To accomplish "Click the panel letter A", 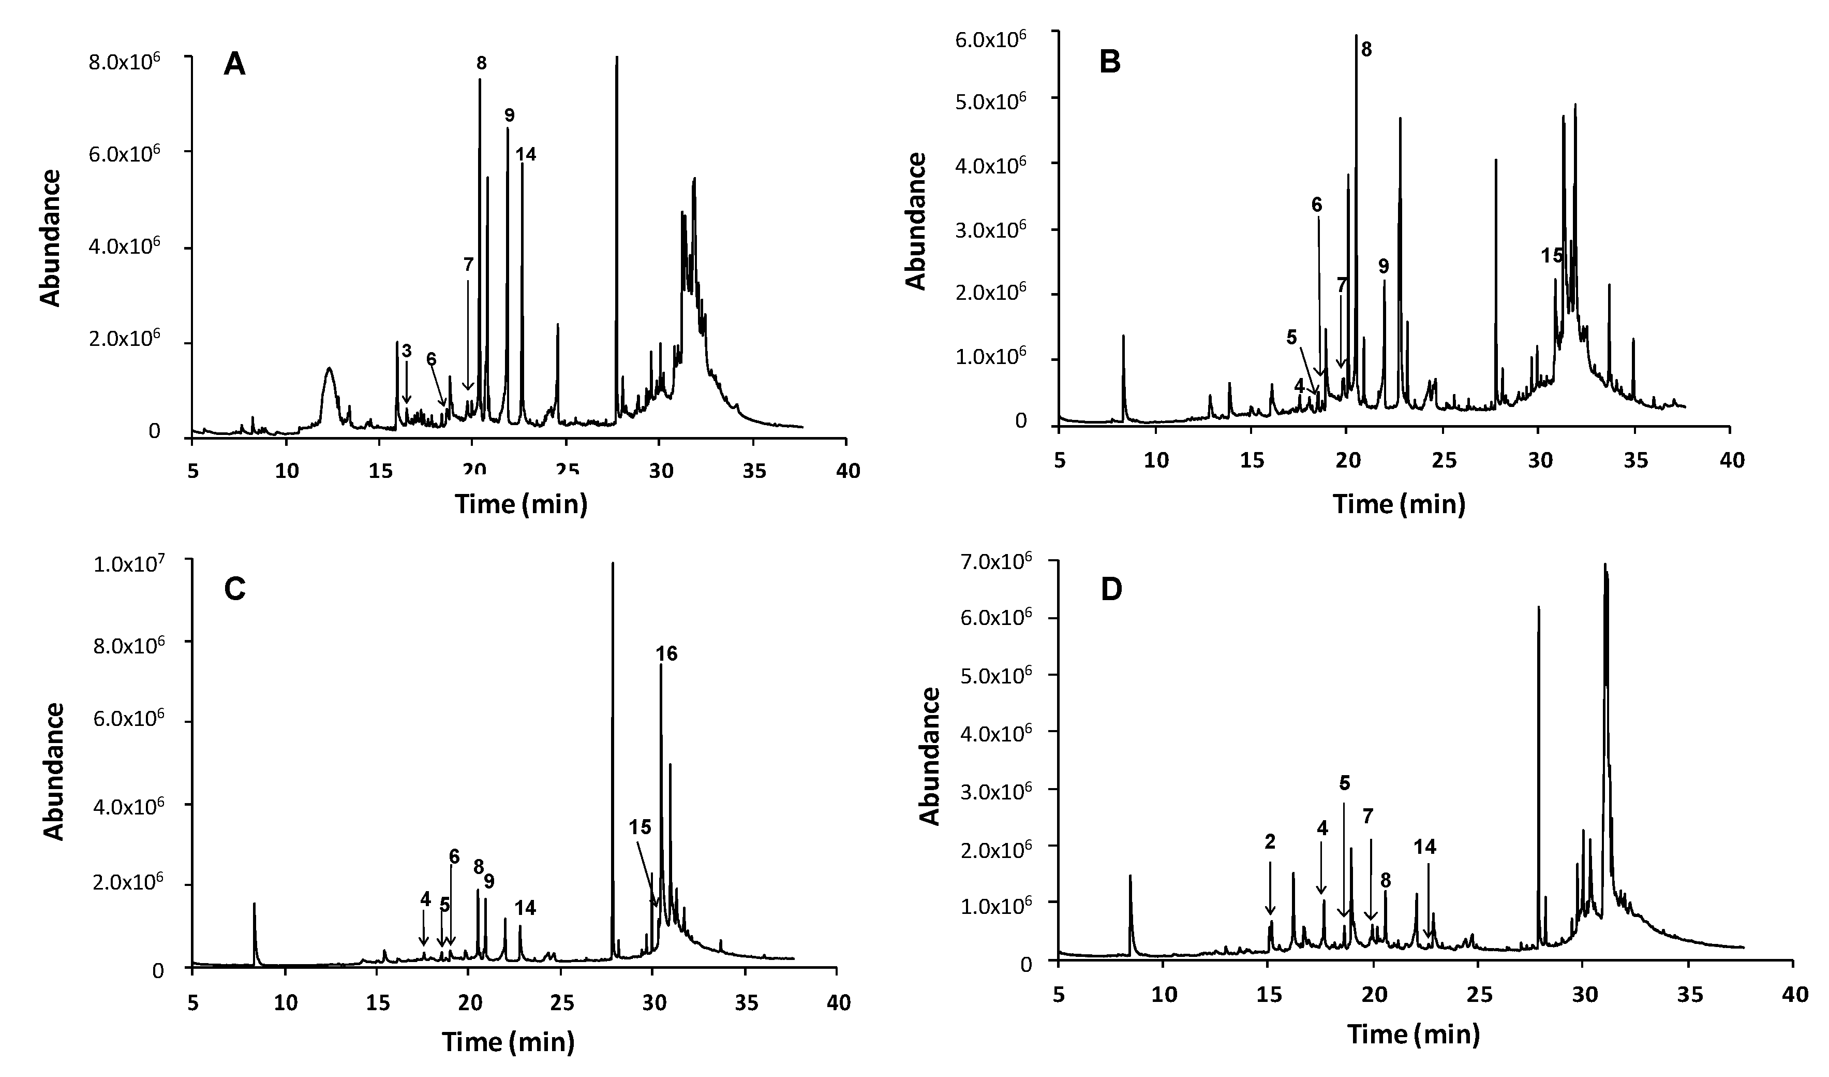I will click(234, 65).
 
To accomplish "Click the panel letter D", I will click(1111, 590).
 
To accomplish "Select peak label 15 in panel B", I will click(1553, 256).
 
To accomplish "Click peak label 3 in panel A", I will click(407, 352).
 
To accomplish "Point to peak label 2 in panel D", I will click(1270, 842).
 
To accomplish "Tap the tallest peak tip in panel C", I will click(613, 563).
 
